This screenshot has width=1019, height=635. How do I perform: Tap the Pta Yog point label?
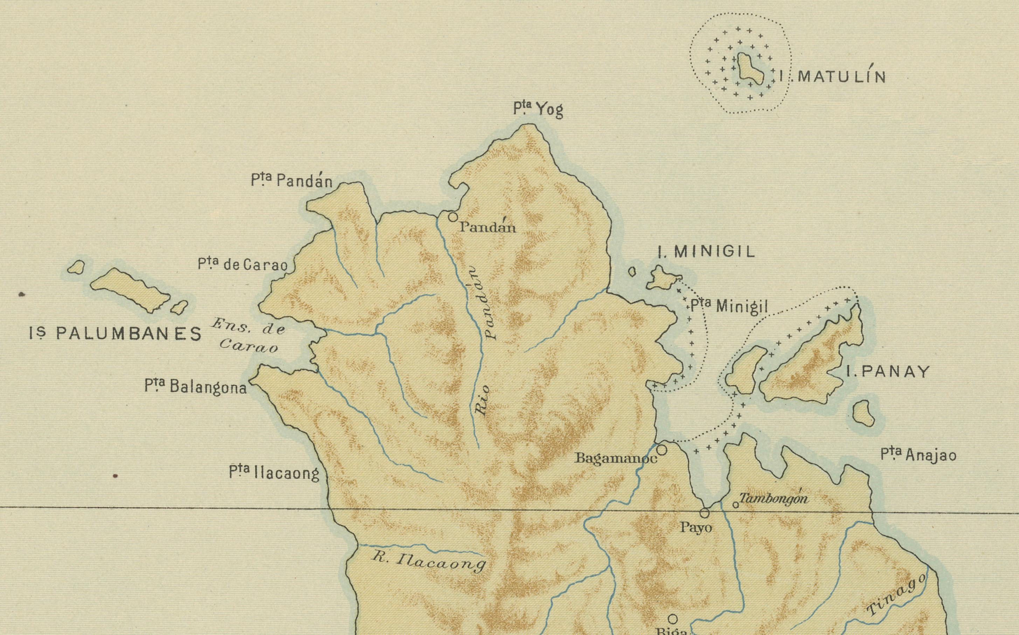click(538, 110)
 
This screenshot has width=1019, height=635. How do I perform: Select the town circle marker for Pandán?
click(453, 217)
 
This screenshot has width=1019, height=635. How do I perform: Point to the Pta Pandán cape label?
click(292, 181)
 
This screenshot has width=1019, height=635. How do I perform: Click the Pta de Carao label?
click(243, 265)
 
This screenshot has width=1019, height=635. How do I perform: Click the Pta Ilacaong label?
click(274, 473)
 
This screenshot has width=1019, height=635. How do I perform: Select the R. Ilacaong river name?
click(428, 562)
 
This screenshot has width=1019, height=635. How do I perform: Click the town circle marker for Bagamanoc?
click(661, 450)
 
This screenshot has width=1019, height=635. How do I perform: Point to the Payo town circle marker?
click(705, 513)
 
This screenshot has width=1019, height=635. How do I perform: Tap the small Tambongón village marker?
click(735, 505)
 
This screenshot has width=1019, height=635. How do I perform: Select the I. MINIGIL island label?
click(707, 252)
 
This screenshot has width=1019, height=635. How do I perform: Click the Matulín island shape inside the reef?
click(749, 68)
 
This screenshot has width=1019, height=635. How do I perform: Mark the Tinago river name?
click(896, 595)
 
